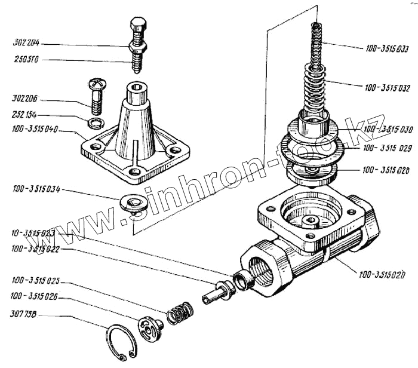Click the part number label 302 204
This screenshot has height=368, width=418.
click(25, 44)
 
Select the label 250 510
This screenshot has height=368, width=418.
click(25, 60)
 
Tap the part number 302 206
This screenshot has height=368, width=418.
click(25, 100)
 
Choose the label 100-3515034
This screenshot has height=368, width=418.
click(35, 189)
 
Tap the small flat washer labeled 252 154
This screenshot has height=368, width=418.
click(94, 124)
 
